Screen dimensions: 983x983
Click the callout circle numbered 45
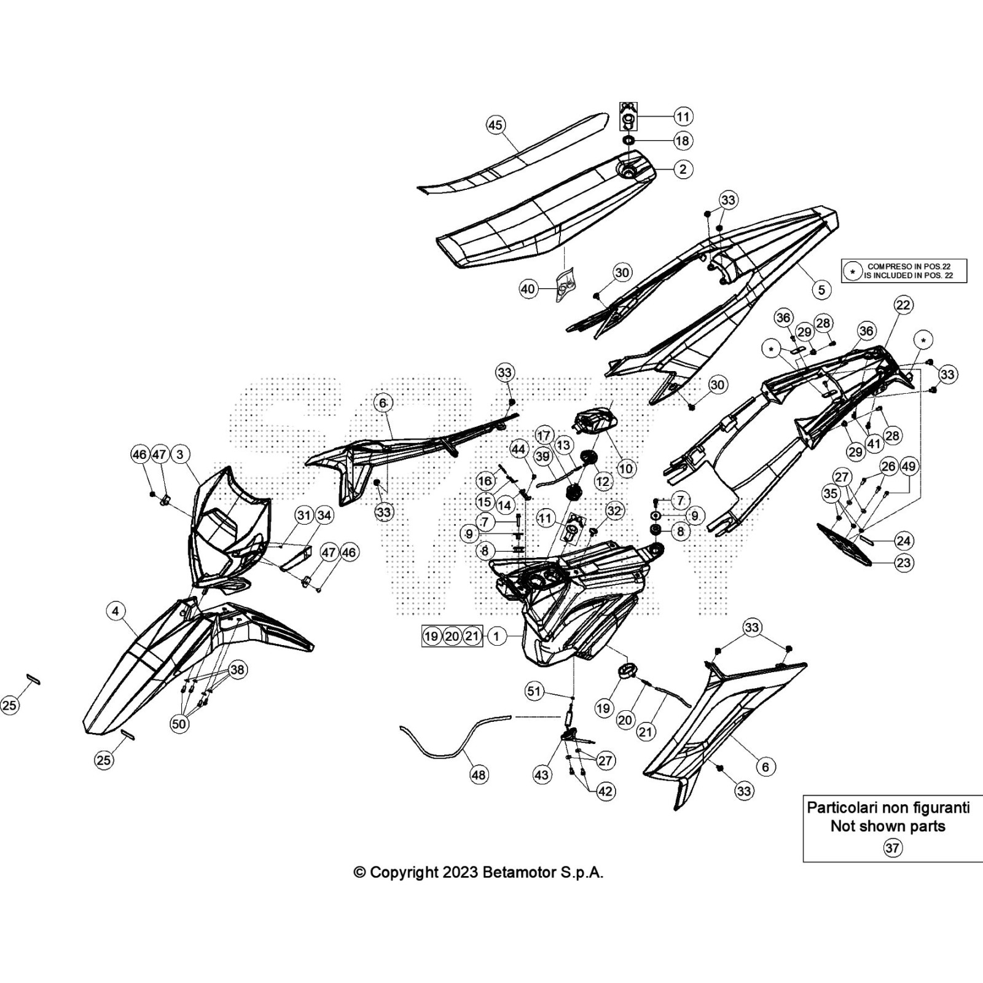click(495, 125)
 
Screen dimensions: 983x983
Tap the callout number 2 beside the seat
click(683, 169)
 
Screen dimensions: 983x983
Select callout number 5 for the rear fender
click(821, 289)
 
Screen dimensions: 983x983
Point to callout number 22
click(903, 305)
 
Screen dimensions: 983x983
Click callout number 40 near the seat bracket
click(528, 289)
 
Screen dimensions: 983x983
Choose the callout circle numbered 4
click(116, 611)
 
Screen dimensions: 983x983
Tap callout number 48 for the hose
click(479, 775)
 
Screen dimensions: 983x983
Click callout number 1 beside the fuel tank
click(496, 636)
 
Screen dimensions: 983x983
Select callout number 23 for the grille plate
click(903, 562)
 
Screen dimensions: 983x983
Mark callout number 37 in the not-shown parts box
click(892, 848)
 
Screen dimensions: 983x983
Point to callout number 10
click(625, 469)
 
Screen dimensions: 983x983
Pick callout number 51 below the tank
click(534, 692)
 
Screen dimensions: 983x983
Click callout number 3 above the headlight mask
click(179, 455)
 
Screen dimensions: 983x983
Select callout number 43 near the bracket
click(541, 775)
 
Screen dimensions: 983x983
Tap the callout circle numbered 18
click(683, 141)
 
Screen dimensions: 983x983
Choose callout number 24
click(903, 541)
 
